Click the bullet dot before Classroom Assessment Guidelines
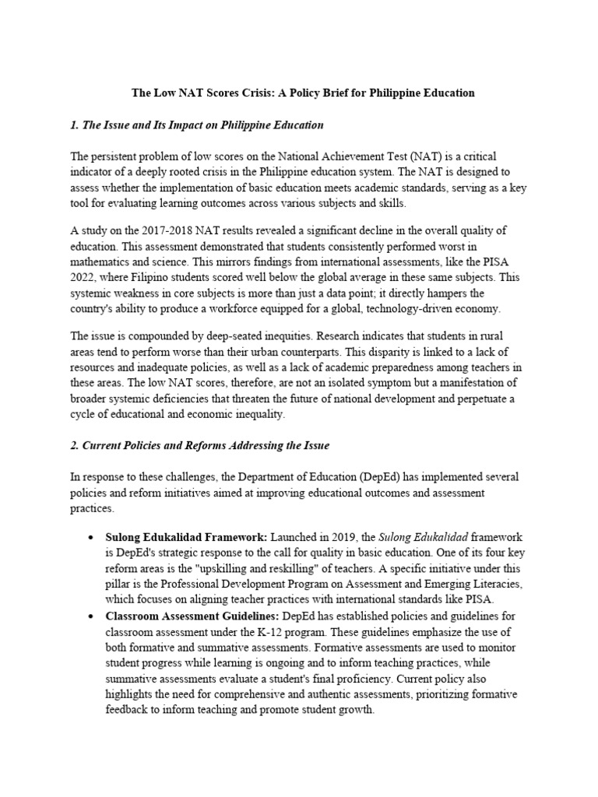(93, 616)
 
